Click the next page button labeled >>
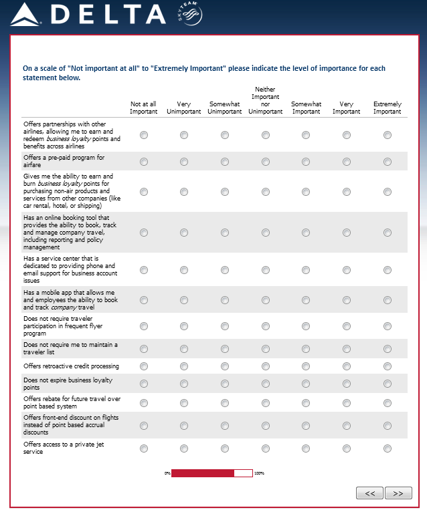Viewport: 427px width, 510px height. pyautogui.click(x=398, y=493)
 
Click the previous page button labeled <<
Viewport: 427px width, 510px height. pyautogui.click(x=369, y=493)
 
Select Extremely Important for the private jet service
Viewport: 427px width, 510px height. pyautogui.click(x=388, y=449)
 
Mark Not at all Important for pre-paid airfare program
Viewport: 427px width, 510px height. pyautogui.click(x=144, y=161)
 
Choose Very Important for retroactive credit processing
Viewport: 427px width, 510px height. pyautogui.click(x=347, y=366)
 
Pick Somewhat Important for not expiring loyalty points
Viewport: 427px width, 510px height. pyautogui.click(x=306, y=384)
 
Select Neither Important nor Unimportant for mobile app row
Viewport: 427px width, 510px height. pyautogui.click(x=266, y=300)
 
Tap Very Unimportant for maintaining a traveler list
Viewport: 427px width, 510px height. pyautogui.click(x=184, y=349)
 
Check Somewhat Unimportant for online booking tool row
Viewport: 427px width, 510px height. pyautogui.click(x=225, y=233)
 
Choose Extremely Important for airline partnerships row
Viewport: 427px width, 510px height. pyautogui.click(x=388, y=135)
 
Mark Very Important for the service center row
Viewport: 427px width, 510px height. pyautogui.click(x=347, y=270)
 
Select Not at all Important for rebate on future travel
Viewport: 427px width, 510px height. pyautogui.click(x=144, y=403)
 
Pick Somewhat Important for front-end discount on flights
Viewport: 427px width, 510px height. pyautogui.click(x=306, y=425)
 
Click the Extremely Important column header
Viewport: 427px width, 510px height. pyautogui.click(x=388, y=108)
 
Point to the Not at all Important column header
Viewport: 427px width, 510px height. pyautogui.click(x=144, y=108)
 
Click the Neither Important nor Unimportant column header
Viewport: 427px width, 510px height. pyautogui.click(x=266, y=100)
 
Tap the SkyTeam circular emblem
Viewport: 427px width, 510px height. pyautogui.click(x=190, y=15)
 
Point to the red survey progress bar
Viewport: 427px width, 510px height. pyautogui.click(x=203, y=473)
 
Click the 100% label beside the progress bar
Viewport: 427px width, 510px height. pyautogui.click(x=259, y=473)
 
